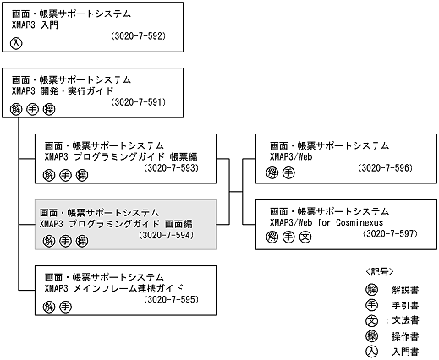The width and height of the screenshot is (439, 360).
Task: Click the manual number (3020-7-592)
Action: [x=138, y=37]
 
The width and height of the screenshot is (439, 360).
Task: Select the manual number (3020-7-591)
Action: [x=138, y=102]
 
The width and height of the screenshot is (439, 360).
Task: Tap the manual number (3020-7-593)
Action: [x=173, y=168]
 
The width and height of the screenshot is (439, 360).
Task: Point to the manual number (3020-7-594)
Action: [x=167, y=235]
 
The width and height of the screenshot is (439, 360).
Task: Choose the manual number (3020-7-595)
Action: [x=173, y=299]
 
